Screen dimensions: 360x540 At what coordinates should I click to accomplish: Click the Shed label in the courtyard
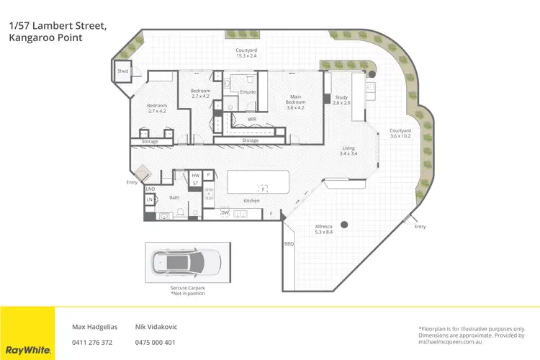pyautogui.click(x=122, y=71)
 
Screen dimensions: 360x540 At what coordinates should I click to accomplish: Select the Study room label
pyautogui.click(x=341, y=100)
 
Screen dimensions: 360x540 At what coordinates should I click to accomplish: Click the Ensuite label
pyautogui.click(x=247, y=93)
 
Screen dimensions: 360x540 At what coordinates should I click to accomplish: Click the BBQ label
pyautogui.click(x=289, y=244)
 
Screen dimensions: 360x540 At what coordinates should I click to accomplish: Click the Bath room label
pyautogui.click(x=174, y=197)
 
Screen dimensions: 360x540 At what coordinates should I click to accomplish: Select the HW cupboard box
pyautogui.click(x=195, y=175)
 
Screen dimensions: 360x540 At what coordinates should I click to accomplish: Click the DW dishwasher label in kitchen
pyautogui.click(x=225, y=212)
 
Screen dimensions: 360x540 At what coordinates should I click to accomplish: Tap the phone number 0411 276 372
pyautogui.click(x=92, y=342)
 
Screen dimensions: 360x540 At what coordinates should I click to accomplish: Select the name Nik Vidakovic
pyautogui.click(x=156, y=326)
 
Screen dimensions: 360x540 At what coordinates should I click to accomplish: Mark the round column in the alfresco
pyautogui.click(x=346, y=223)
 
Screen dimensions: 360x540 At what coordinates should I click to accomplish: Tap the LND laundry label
pyautogui.click(x=150, y=189)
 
